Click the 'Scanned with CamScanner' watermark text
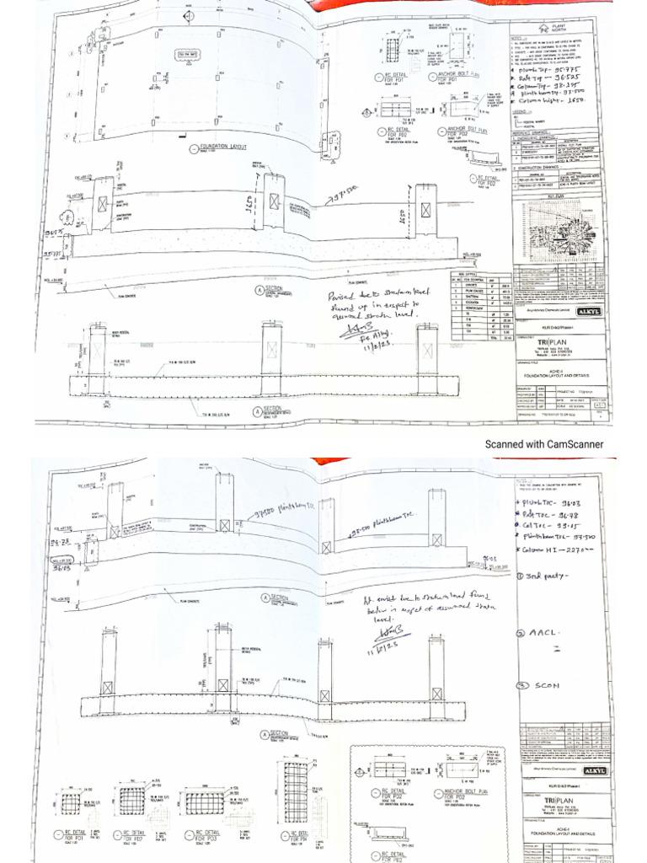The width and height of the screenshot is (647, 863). point(543,444)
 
